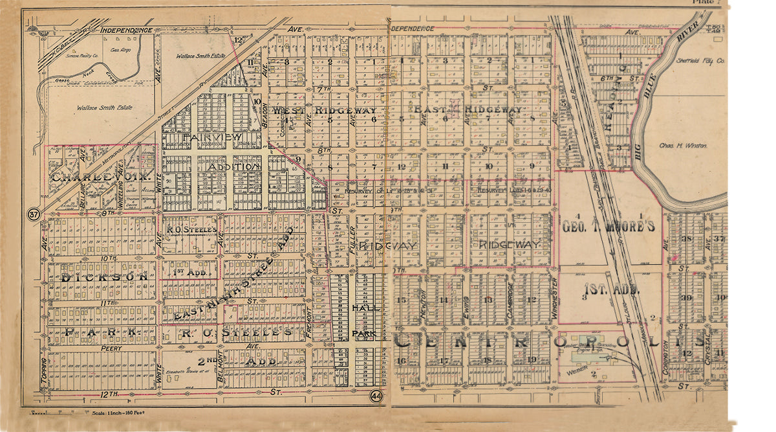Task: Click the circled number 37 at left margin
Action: click(x=32, y=214)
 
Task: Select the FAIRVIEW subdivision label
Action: click(x=212, y=137)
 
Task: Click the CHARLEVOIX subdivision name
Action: click(x=100, y=176)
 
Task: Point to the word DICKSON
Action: click(x=100, y=276)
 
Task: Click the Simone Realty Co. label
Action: click(x=79, y=56)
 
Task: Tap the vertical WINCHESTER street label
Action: click(x=555, y=290)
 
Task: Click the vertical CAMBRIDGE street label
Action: click(x=511, y=290)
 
